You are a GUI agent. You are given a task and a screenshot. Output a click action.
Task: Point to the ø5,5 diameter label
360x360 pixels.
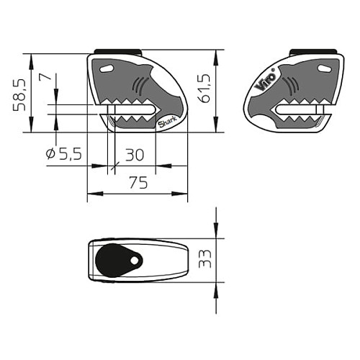[x=63, y=154]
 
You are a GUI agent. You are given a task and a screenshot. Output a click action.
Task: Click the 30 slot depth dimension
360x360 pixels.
[x=135, y=154]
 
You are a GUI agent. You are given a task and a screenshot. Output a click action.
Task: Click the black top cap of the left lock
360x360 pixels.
[x=117, y=52]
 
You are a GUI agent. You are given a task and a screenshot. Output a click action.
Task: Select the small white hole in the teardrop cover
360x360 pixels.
[x=134, y=259]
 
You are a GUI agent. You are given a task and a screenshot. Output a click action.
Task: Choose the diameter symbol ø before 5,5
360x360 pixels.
[x=50, y=154]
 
